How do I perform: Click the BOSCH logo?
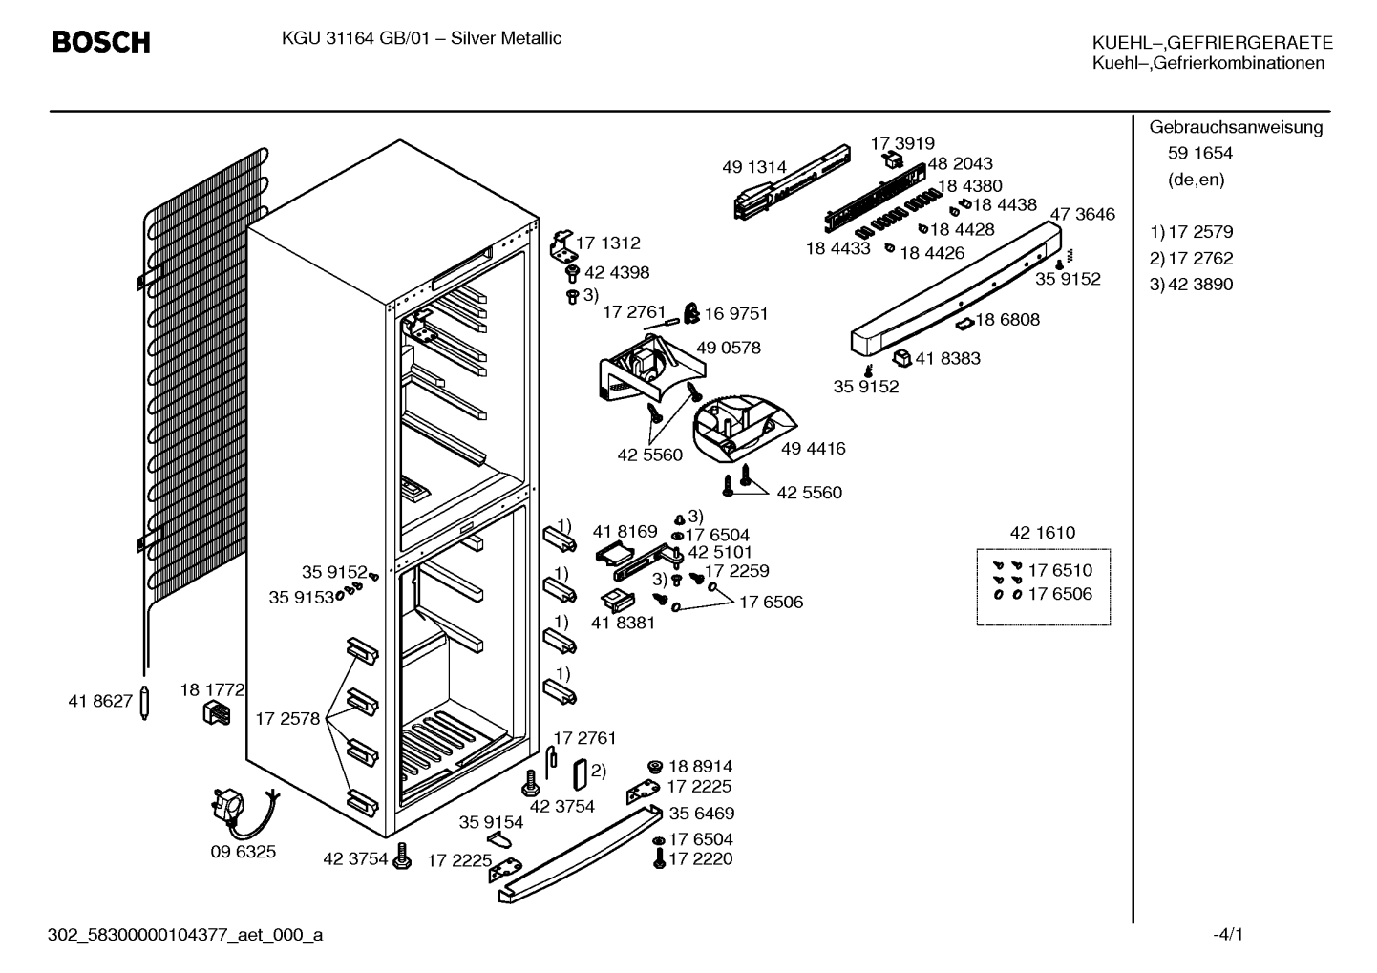(101, 42)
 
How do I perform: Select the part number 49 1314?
(754, 167)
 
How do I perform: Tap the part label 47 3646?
(1082, 214)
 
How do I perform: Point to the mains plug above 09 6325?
(228, 805)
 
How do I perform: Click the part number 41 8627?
(100, 701)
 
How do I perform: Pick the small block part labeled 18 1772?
(217, 713)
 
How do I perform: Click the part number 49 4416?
(814, 449)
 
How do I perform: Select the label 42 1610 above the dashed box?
(1043, 532)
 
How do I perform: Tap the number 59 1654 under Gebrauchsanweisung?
(1200, 153)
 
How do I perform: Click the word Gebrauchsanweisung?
(1236, 127)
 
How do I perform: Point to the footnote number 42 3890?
(1200, 285)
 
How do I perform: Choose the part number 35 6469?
(702, 814)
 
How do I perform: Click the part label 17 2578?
(287, 719)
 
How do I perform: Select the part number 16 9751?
(736, 314)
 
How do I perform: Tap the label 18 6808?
(1007, 320)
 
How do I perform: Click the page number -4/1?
(1228, 935)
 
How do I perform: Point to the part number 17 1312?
(608, 243)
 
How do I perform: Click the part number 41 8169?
(625, 531)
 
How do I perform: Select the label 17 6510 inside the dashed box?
(1060, 570)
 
